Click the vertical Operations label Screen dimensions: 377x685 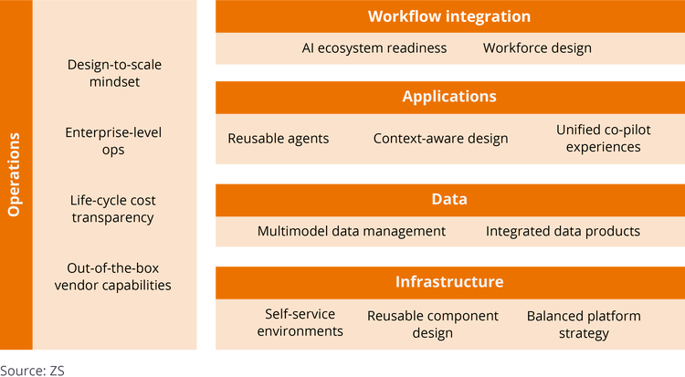tap(14, 175)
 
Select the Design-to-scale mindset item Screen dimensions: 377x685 tap(111, 72)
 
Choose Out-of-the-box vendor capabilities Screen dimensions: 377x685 tap(119, 277)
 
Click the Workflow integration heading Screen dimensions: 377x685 tap(449, 16)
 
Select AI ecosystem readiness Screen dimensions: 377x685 tap(374, 47)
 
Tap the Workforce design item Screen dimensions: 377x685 tap(537, 47)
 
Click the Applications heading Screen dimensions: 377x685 tap(449, 96)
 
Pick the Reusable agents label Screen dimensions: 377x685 tap(279, 139)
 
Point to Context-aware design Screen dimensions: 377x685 tap(440, 139)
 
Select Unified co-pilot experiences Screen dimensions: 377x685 tap(604, 138)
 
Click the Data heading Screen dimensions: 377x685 tap(449, 198)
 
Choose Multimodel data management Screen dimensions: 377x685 tap(352, 231)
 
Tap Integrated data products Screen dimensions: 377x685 tap(563, 231)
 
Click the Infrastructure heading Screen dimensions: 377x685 tap(449, 281)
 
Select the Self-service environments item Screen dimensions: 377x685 tap(300, 322)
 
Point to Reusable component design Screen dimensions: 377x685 tap(433, 324)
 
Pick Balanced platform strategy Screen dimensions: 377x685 tap(584, 324)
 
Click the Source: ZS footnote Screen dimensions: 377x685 tap(33, 370)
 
